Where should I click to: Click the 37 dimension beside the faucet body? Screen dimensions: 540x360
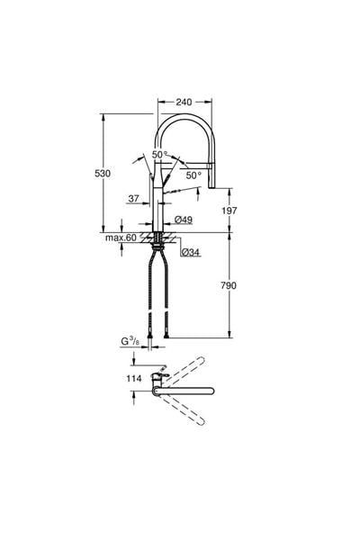tap(133, 199)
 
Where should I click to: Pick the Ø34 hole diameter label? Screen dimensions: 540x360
tap(190, 253)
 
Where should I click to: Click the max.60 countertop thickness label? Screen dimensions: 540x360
tap(120, 237)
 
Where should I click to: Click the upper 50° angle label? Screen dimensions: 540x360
tap(159, 155)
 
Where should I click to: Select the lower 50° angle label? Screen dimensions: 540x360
tap(193, 175)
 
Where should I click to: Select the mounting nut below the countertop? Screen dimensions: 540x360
tap(161, 240)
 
